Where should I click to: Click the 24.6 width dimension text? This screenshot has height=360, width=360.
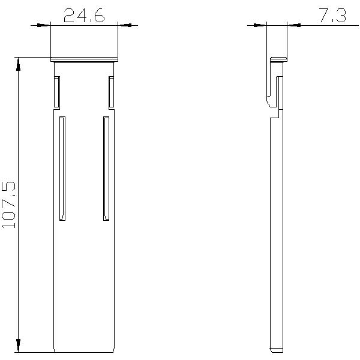click(84, 16)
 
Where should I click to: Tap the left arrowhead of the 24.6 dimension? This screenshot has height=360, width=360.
click(44, 25)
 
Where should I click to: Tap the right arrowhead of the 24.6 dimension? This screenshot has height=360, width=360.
click(125, 25)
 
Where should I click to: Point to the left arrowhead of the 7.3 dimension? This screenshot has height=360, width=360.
click(259, 25)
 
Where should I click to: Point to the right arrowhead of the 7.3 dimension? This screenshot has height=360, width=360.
click(295, 25)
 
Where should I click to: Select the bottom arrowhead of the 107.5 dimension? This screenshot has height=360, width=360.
click(19, 346)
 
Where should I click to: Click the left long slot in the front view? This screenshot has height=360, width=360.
click(62, 168)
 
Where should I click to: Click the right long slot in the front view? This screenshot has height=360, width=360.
click(106, 168)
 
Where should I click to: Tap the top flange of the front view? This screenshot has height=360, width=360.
click(84, 59)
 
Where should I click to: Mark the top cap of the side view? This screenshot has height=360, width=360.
click(278, 59)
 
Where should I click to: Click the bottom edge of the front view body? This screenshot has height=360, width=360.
click(84, 352)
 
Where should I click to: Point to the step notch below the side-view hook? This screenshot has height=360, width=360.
click(275, 113)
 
